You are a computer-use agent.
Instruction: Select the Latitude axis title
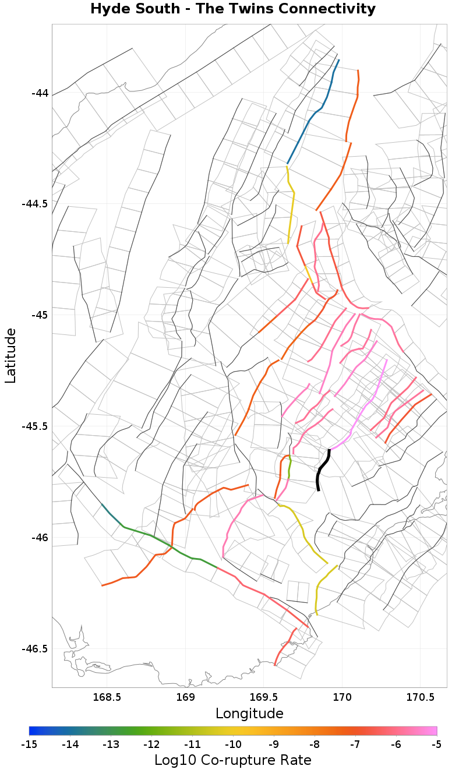(x=10, y=355)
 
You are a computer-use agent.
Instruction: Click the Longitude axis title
(x=249, y=714)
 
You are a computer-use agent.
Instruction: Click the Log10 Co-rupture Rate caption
(x=233, y=760)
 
